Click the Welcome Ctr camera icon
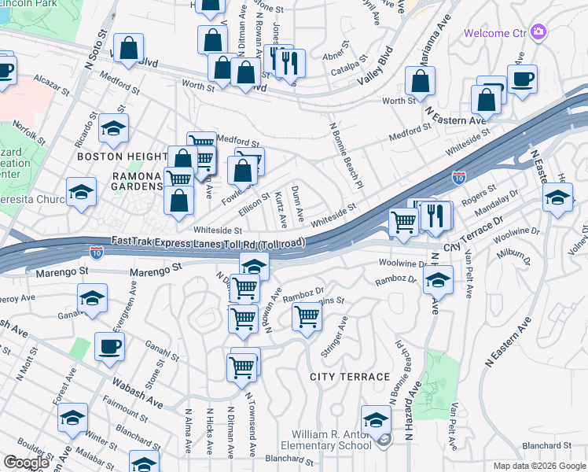click(538, 32)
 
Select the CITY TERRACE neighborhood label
click(350, 377)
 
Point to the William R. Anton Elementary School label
click(331, 440)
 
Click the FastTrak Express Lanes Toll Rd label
click(208, 242)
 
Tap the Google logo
click(26, 463)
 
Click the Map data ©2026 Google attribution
click(538, 466)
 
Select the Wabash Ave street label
click(141, 396)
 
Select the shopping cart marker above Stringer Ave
click(307, 316)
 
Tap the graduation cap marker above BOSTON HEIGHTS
click(113, 129)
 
